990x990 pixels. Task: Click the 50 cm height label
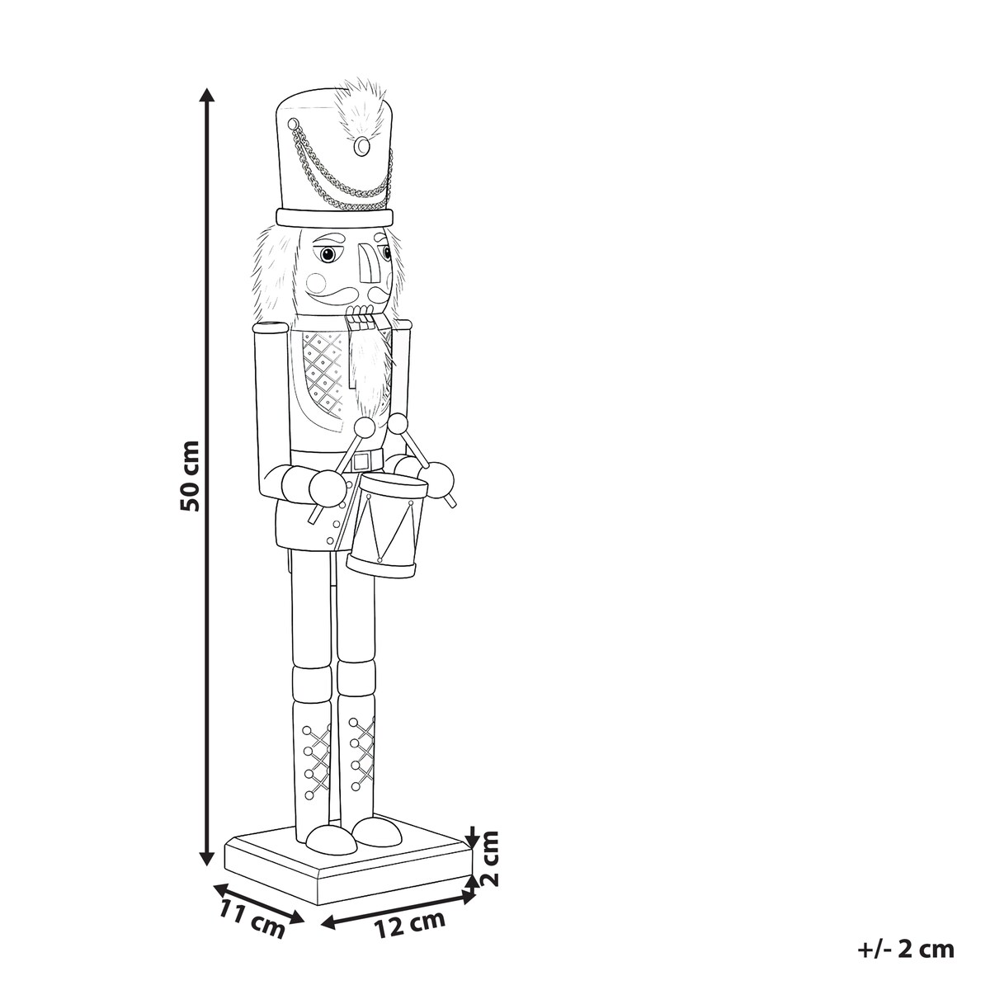pyautogui.click(x=190, y=475)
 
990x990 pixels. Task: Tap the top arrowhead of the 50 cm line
pyautogui.click(x=207, y=96)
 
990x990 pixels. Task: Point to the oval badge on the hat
pyautogui.click(x=363, y=146)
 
